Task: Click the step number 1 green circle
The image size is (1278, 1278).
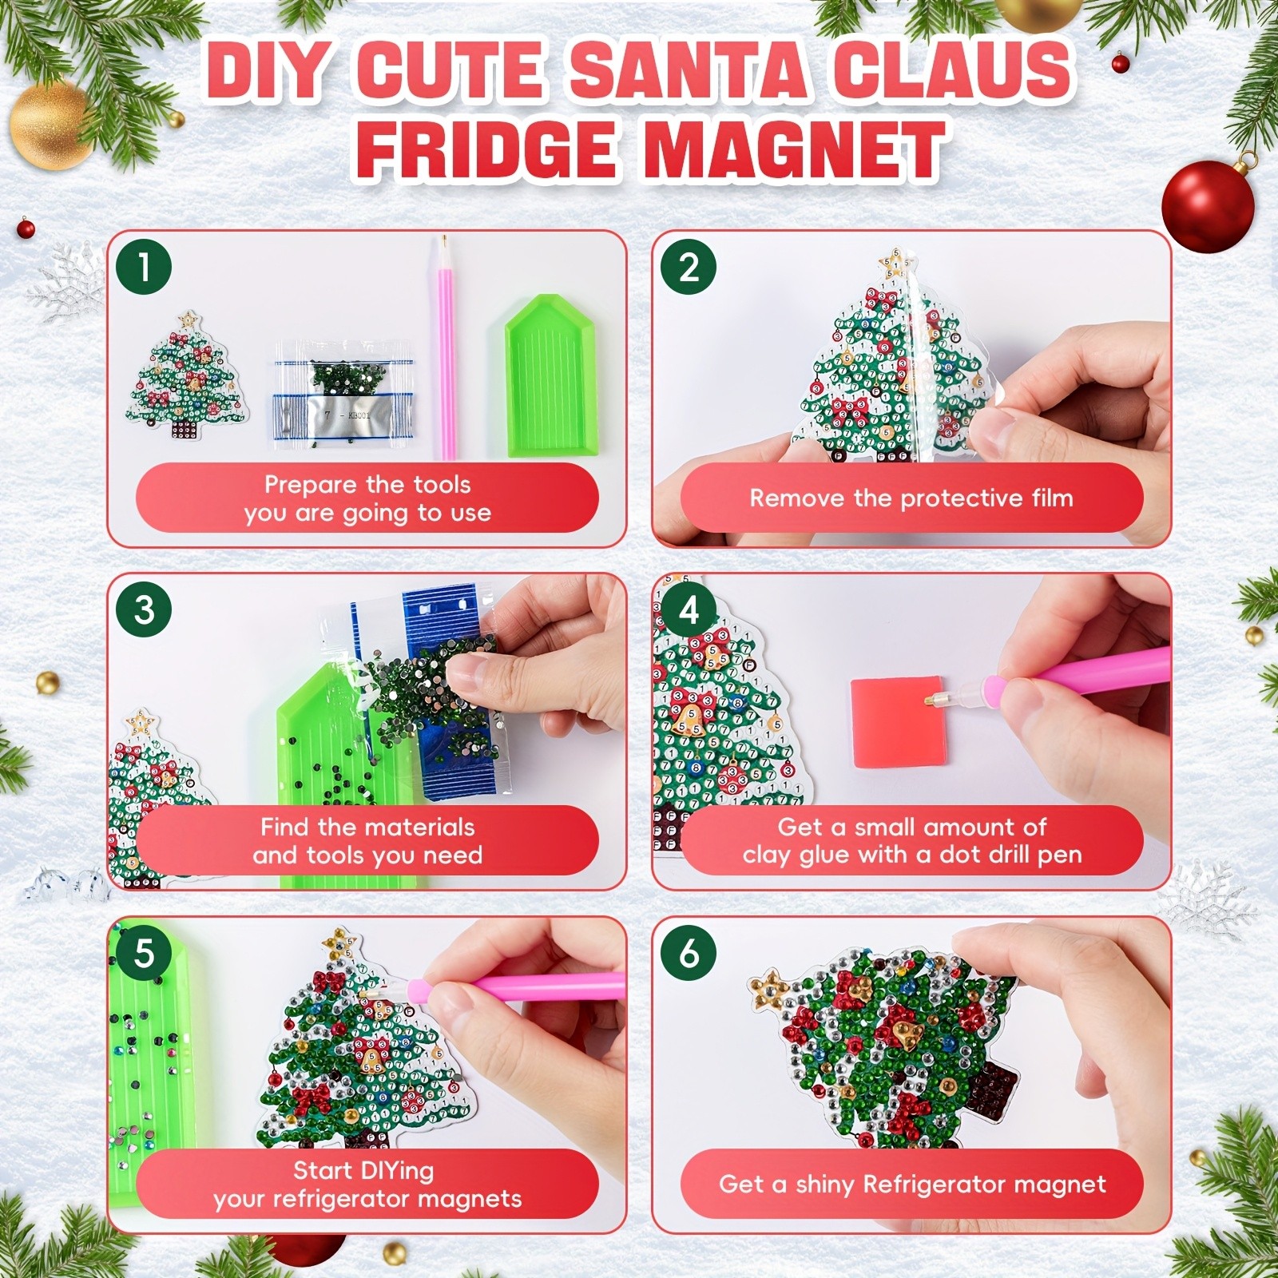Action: tap(144, 266)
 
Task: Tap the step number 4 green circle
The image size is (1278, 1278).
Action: tap(689, 609)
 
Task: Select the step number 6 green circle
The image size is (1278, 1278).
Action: tap(689, 952)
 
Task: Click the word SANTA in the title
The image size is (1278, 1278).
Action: tap(689, 70)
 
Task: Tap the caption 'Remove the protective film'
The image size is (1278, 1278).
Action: tap(911, 498)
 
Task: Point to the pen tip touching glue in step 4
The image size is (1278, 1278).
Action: tap(931, 701)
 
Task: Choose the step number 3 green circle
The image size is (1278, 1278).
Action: tap(144, 609)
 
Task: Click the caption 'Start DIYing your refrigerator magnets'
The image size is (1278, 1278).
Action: tap(367, 1185)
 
